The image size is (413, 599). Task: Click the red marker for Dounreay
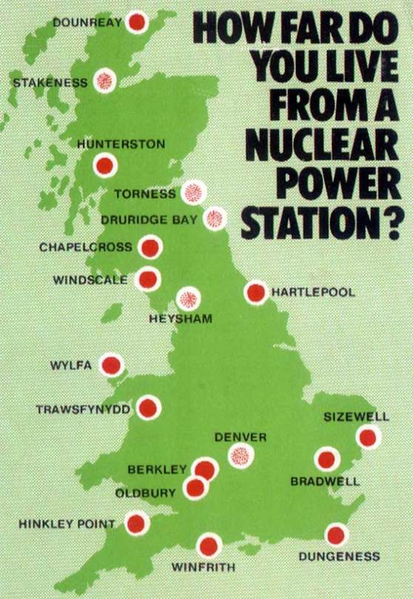(136, 22)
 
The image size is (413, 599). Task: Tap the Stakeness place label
(49, 83)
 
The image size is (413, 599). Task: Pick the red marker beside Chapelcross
(150, 248)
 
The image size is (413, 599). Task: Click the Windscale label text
(90, 280)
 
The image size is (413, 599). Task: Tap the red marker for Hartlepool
(256, 293)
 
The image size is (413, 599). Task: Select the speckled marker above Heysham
(189, 299)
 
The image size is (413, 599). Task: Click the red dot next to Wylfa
(112, 365)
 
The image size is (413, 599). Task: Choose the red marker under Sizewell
(368, 438)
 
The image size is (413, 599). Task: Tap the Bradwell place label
(324, 481)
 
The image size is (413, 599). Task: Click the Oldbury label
(145, 493)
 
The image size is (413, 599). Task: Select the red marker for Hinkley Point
(136, 524)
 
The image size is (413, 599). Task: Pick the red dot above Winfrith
(209, 546)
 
